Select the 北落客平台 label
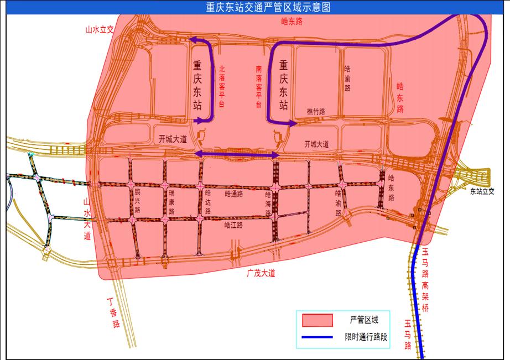(222, 87)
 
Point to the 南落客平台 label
(259, 87)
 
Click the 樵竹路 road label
(316, 112)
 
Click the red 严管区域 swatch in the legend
(317, 320)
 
